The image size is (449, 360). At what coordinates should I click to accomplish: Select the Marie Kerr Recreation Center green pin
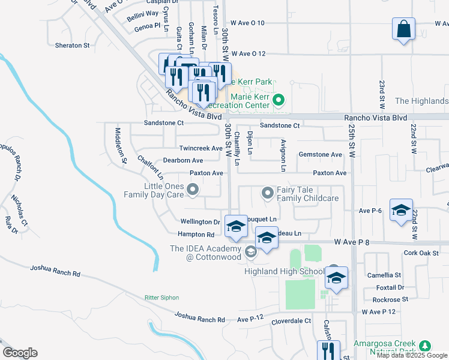coord(278,100)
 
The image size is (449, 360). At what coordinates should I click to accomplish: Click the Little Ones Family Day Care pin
coord(193,190)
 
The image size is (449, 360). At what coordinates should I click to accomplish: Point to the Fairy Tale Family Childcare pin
coord(268,193)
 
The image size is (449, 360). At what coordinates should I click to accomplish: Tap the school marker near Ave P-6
coord(401,211)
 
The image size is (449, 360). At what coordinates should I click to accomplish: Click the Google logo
coord(19,353)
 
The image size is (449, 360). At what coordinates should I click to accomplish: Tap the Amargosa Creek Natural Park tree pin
coord(425,346)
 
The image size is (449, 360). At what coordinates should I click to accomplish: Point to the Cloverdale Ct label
coord(291,321)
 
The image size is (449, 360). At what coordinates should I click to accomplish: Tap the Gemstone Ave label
coord(321,155)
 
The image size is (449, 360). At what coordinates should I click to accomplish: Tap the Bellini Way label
coord(143,13)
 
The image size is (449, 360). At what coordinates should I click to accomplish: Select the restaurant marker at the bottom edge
coord(329,350)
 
